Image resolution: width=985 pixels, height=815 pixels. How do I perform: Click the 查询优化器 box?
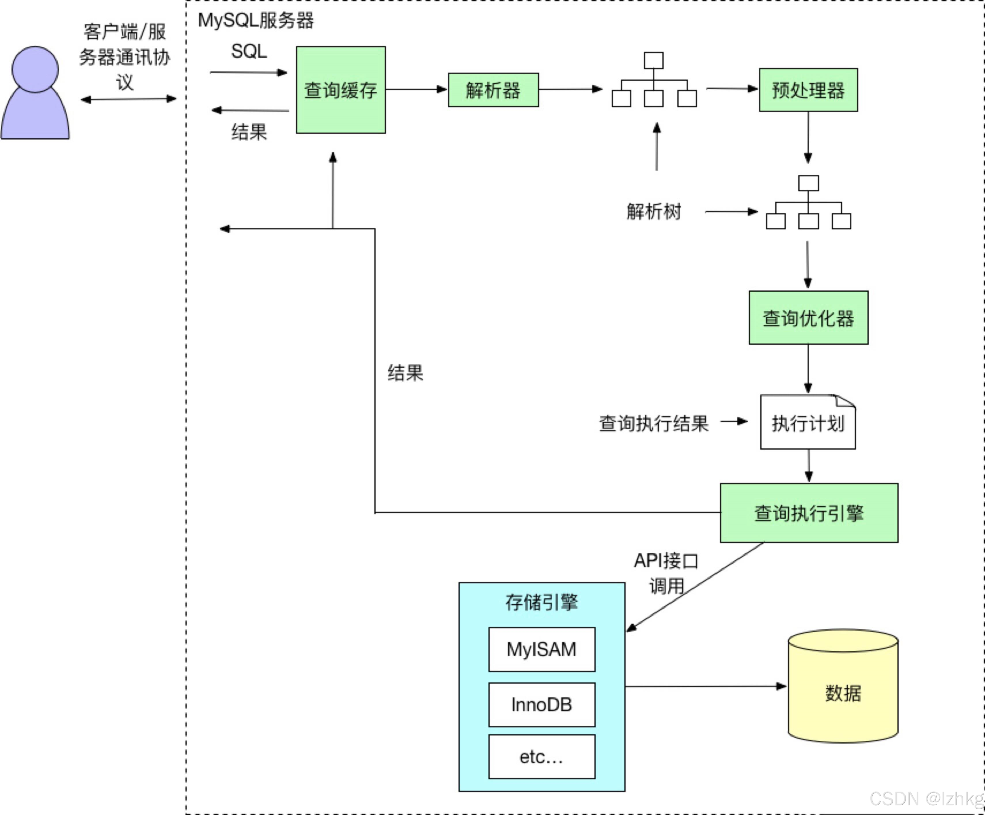[x=808, y=318]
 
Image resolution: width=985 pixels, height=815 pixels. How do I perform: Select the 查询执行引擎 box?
[x=809, y=513]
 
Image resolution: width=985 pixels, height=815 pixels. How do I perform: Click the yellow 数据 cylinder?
[x=843, y=693]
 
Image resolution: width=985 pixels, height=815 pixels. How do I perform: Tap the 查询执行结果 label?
[x=653, y=423]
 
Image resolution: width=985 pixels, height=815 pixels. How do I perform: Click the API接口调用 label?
[x=666, y=573]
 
